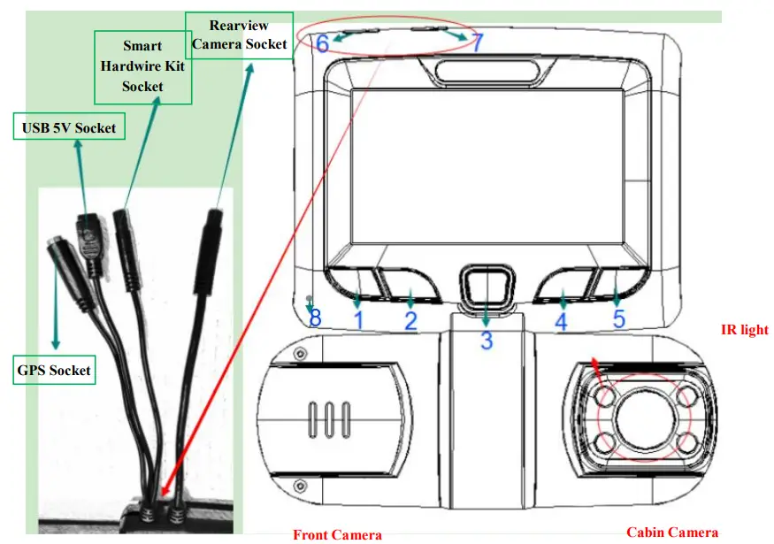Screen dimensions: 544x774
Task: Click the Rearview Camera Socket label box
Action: point(239,34)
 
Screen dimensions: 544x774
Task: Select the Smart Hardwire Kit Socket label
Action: point(142,65)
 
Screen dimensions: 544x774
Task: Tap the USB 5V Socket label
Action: point(69,128)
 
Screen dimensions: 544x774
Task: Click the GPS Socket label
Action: point(54,370)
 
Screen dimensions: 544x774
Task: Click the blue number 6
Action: point(322,42)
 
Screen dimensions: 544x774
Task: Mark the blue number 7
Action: point(477,42)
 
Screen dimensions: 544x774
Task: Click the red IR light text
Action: point(745,330)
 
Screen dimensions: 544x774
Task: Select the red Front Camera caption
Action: point(337,534)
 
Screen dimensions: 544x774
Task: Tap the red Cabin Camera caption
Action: point(672,533)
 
